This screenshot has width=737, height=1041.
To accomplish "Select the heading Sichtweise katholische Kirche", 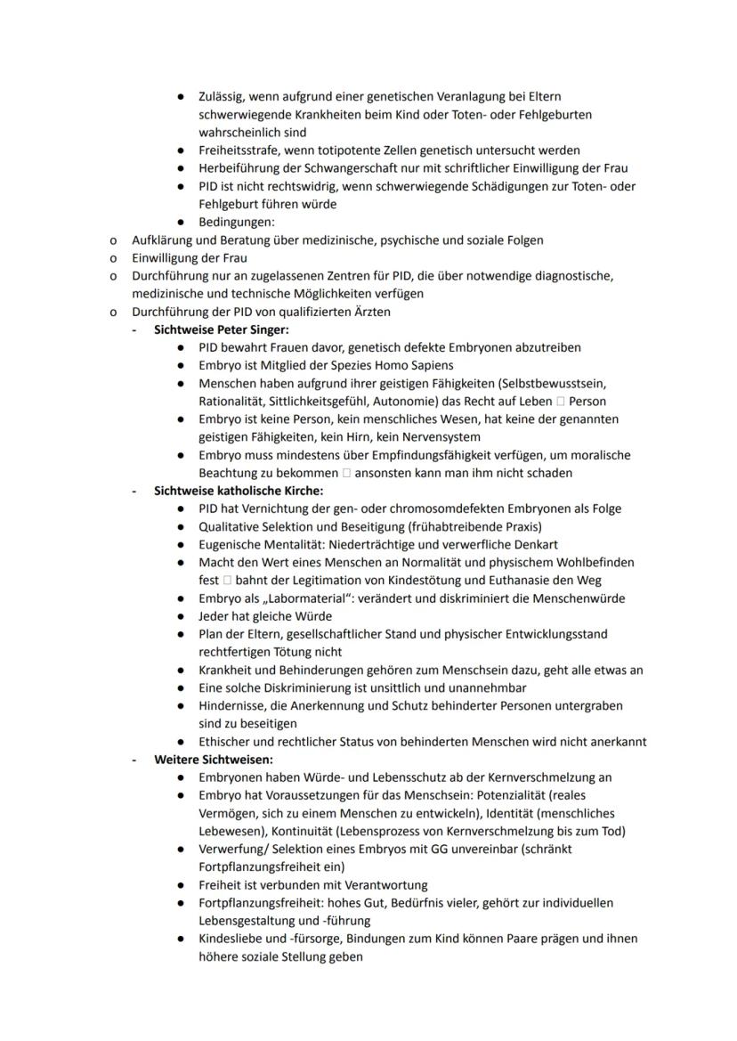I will coord(238,491).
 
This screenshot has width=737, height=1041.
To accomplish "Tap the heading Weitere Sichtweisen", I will coord(213,760).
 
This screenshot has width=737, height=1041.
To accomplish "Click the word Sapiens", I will coord(428,365).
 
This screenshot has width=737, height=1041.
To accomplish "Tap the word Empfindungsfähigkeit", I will coord(409,455).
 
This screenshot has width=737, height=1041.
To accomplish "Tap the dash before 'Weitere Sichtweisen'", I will coord(134,760).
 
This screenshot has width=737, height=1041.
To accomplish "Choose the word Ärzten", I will coord(371,312).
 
